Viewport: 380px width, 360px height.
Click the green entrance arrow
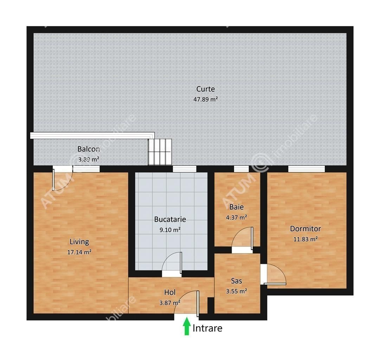point(186,326)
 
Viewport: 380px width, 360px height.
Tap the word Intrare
point(207,328)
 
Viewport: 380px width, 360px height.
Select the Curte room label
point(206,89)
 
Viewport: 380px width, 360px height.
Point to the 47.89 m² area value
point(206,99)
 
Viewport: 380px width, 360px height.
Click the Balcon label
point(89,149)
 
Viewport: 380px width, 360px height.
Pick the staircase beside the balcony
point(160,152)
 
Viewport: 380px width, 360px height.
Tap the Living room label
point(79,242)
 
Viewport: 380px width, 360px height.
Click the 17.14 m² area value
point(79,252)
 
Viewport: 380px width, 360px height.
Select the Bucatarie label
point(170,219)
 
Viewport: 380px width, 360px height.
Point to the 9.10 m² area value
point(170,230)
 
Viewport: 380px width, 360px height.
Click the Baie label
point(237,207)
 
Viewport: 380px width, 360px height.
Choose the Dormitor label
point(305,229)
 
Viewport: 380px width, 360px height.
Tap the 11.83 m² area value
point(305,239)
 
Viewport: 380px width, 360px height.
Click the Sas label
point(236,281)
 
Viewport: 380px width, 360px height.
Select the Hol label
point(170,292)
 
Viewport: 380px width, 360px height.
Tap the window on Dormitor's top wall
point(306,169)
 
